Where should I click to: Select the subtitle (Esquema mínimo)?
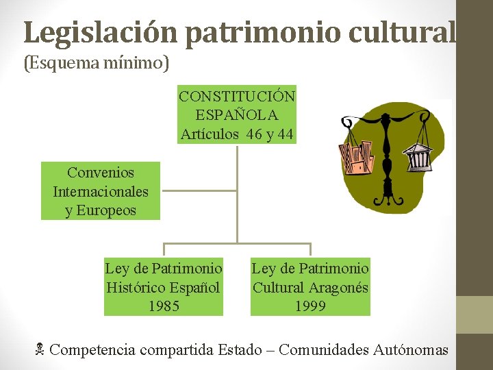pos(97,64)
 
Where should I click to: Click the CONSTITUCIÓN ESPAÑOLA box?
pos(237,114)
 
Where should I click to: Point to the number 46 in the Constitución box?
pos(254,134)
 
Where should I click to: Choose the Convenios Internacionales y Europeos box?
pos(101,191)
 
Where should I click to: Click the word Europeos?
pos(101,210)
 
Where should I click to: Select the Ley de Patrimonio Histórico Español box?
pos(164,287)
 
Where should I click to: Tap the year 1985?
pos(164,306)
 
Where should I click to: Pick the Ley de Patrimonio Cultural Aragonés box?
pos(310,287)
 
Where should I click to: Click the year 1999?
pos(310,306)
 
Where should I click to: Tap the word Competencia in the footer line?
pos(92,350)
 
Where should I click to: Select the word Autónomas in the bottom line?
pos(411,350)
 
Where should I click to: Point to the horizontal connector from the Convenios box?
pos(199,190)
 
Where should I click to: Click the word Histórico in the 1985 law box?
pos(134,287)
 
